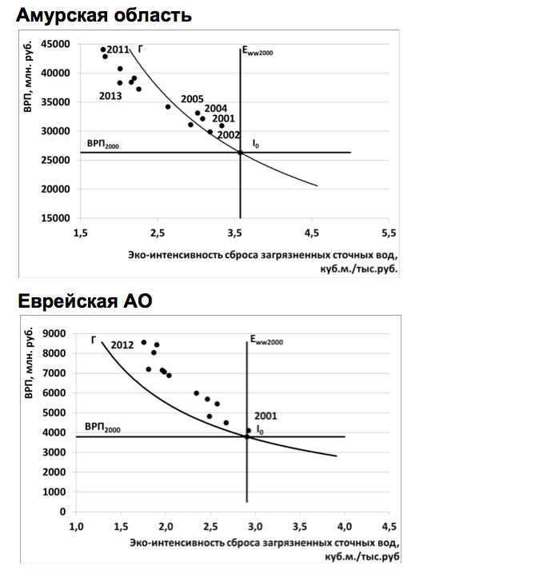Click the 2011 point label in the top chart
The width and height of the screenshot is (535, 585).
pyautogui.click(x=118, y=50)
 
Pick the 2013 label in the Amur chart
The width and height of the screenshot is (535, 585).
pyautogui.click(x=110, y=96)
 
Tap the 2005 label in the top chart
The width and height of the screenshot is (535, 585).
pyautogui.click(x=192, y=99)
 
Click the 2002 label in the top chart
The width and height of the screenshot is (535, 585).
pyautogui.click(x=229, y=135)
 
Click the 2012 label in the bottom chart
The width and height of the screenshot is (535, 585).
pyautogui.click(x=122, y=345)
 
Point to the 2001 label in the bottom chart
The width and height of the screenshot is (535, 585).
pyautogui.click(x=266, y=416)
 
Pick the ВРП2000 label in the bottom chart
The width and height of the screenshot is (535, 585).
pyautogui.click(x=99, y=429)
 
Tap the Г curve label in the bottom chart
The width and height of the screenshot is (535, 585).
pyautogui.click(x=94, y=340)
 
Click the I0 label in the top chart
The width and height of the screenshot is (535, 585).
pyautogui.click(x=256, y=145)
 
